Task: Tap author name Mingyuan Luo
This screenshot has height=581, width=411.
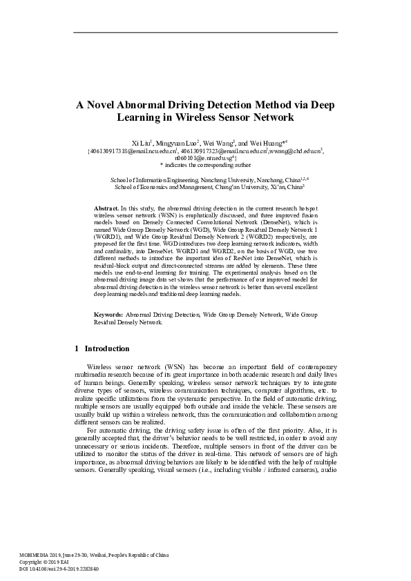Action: point(177,141)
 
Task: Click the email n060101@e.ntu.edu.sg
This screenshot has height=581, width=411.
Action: point(204,158)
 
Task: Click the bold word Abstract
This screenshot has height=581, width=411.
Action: point(106,208)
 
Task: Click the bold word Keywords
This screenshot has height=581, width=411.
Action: point(108,315)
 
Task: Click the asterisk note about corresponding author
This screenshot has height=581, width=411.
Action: point(204,166)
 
